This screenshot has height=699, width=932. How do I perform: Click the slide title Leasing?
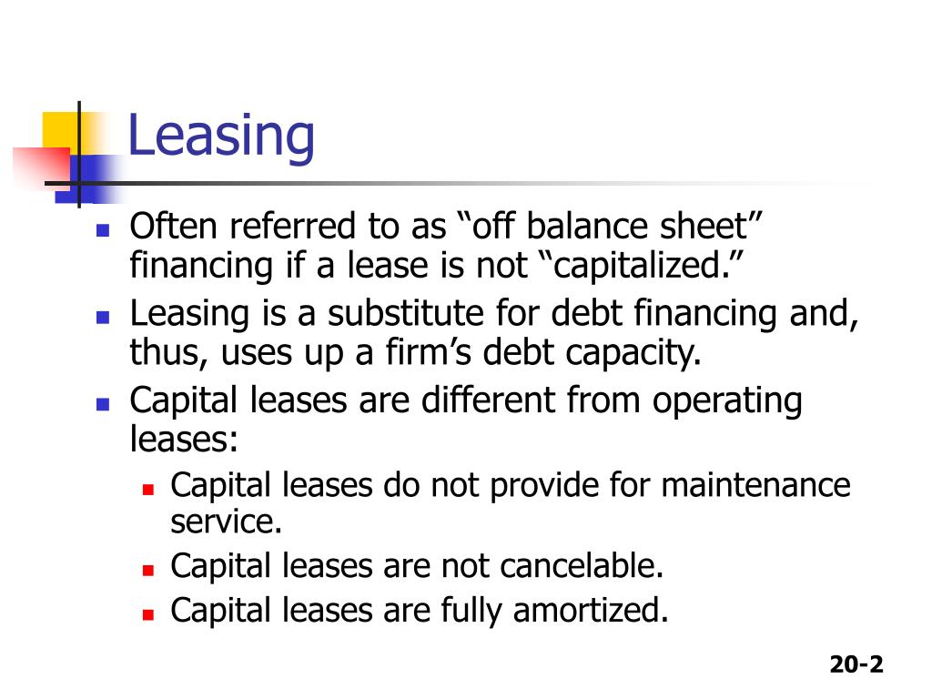(x=221, y=137)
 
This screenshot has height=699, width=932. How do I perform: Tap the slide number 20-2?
(x=856, y=664)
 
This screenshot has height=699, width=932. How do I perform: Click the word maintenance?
(x=755, y=485)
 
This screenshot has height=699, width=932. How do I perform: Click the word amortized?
(x=586, y=610)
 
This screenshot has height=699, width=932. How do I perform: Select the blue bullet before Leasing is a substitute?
(x=103, y=318)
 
